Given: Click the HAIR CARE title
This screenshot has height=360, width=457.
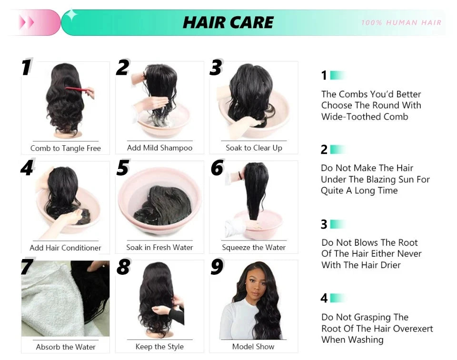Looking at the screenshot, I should (228, 22).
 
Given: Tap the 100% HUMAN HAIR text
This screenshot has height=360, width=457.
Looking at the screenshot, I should (401, 22).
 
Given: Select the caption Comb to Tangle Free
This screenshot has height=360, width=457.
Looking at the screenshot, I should (66, 148).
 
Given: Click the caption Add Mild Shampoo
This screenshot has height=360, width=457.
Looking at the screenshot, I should (160, 148).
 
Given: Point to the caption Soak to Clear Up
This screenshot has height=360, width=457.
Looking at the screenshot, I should (254, 148).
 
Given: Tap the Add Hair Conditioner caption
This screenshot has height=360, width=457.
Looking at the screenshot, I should (66, 248).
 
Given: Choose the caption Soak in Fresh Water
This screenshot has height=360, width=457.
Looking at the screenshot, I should (160, 247).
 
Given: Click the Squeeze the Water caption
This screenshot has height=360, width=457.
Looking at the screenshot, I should (254, 247).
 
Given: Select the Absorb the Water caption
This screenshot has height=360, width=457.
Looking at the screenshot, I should (66, 347).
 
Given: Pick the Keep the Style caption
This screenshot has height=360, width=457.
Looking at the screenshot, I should (159, 346).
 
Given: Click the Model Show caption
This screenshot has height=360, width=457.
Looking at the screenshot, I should (253, 346).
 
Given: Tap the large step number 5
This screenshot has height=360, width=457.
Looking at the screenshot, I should (123, 168).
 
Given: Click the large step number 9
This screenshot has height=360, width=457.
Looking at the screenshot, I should (217, 268).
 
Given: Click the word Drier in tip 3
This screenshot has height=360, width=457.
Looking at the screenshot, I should (390, 265).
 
